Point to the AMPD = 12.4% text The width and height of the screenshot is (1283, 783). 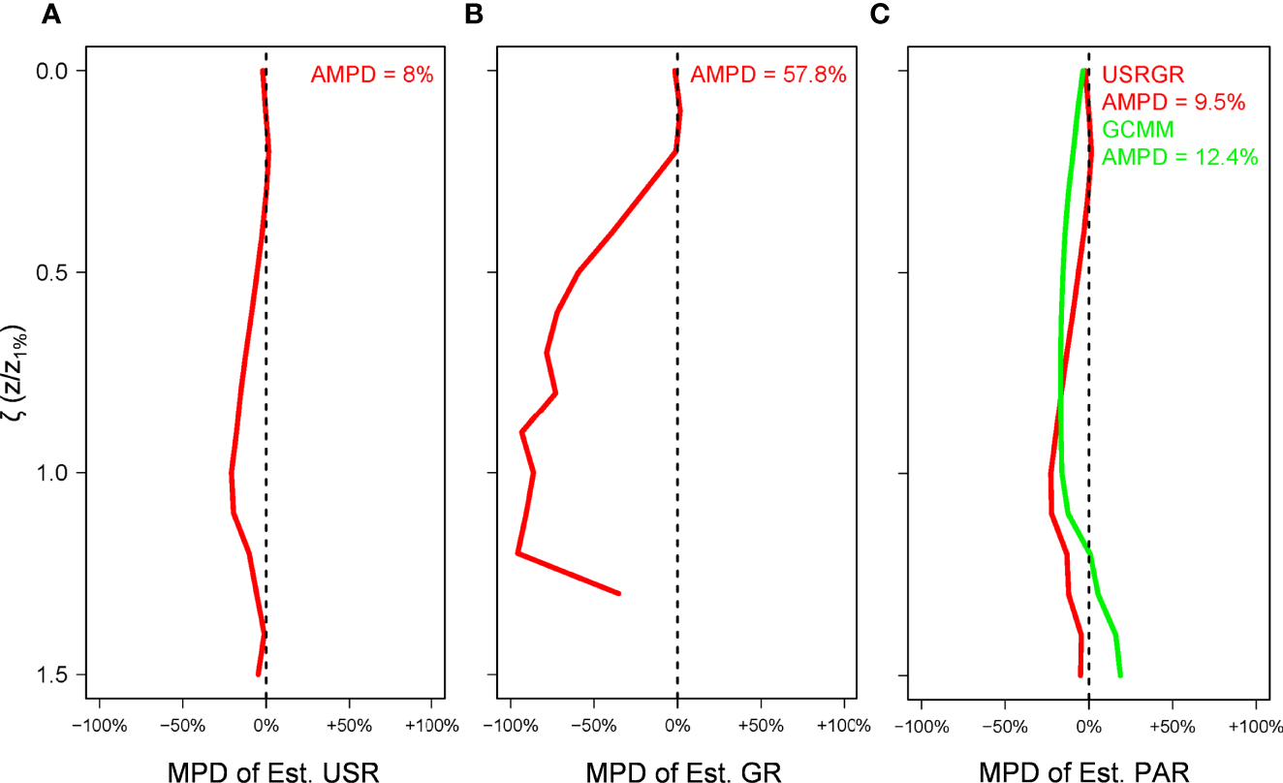click(x=1179, y=157)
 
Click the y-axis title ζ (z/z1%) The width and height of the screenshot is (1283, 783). click(x=23, y=372)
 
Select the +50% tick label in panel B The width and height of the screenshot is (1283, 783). click(x=761, y=726)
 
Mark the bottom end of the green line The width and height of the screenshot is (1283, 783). click(x=1120, y=674)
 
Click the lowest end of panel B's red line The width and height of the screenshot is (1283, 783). click(x=618, y=593)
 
